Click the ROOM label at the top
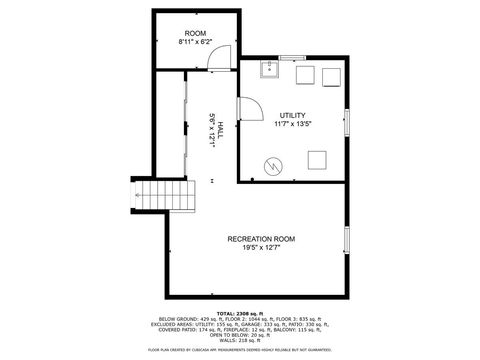[195, 33]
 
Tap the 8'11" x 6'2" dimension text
[195, 42]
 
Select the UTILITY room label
[293, 115]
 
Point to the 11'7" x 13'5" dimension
[293, 124]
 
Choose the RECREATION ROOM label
[261, 238]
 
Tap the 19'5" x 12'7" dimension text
[261, 247]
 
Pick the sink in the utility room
[269, 68]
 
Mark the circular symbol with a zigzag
[273, 166]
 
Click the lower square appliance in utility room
[319, 158]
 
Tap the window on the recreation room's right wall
[347, 241]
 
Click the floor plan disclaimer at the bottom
[240, 350]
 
